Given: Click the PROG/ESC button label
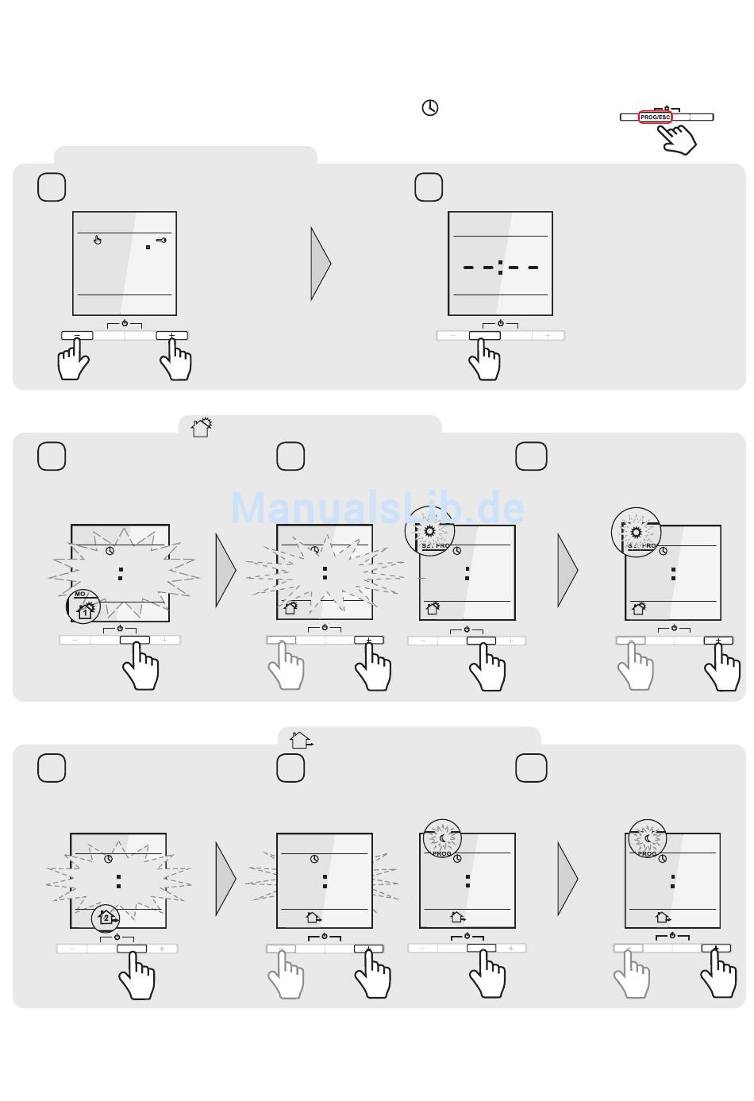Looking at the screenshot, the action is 656,117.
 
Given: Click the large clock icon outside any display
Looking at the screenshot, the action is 430,108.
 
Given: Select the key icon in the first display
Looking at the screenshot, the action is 161,240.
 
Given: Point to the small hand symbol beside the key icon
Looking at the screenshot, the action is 98,240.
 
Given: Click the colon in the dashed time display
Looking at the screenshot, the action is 500,268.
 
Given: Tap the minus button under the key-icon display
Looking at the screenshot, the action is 77,336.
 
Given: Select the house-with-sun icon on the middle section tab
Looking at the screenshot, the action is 202,427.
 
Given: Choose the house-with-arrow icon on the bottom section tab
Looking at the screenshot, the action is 301,741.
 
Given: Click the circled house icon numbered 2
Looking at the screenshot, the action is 107,918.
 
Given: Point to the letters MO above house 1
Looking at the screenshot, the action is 80,594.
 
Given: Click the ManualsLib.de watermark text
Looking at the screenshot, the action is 377,508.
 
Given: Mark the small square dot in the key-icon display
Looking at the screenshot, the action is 148,248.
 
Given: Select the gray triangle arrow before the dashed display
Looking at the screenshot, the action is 320,264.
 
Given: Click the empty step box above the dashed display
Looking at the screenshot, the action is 429,187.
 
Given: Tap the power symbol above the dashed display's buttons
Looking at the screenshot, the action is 500,324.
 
